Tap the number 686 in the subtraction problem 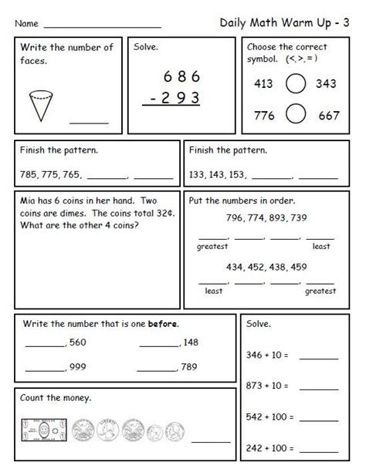click(182, 76)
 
